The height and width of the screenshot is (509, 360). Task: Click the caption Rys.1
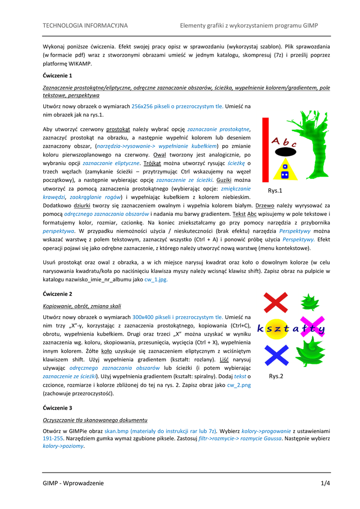[275, 191]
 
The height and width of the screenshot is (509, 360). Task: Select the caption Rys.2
[276, 376]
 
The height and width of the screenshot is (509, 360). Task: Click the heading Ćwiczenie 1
[58, 76]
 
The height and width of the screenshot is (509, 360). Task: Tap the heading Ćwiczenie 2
[58, 294]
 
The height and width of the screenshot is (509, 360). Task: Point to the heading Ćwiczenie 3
[58, 408]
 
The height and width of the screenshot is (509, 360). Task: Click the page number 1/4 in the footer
[325, 483]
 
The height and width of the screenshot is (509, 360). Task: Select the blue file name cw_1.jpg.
[156, 279]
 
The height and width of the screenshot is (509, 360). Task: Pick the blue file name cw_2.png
[239, 385]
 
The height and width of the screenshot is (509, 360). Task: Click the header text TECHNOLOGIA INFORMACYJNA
[85, 25]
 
